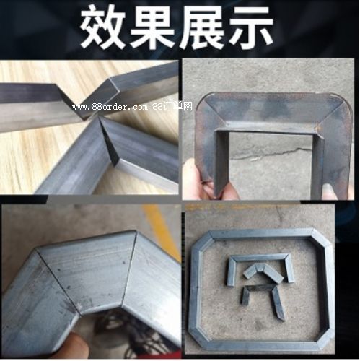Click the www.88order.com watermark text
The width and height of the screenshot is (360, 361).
[110, 107]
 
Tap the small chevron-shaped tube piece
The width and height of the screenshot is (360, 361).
[263, 273]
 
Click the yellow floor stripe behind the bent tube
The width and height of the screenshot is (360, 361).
[162, 229]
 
